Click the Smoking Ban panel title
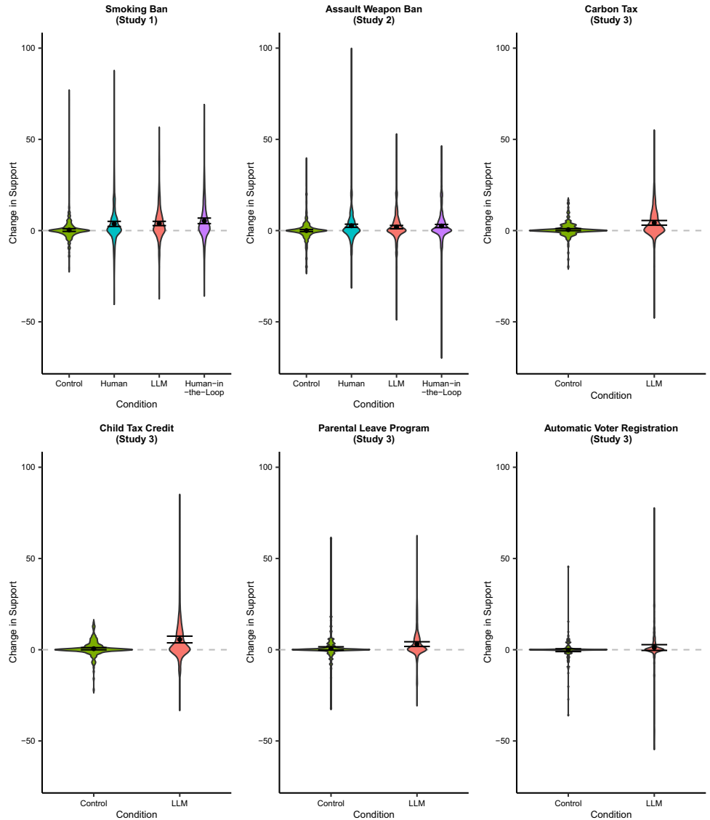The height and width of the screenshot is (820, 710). [137, 15]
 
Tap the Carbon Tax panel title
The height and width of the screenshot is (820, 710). [610, 15]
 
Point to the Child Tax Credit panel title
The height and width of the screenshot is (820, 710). [137, 434]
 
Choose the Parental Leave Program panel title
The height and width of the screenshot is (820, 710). [374, 434]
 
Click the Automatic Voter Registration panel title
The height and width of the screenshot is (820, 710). [610, 434]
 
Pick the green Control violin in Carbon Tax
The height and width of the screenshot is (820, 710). [568, 230]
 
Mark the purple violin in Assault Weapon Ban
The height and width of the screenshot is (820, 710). [441, 230]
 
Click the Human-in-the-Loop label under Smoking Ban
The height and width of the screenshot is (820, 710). [204, 387]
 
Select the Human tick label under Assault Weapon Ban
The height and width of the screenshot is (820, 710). [351, 383]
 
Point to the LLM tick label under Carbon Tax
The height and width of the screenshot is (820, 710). [653, 383]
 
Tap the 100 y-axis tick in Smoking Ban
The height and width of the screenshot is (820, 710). [30, 48]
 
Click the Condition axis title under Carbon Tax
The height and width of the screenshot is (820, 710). [610, 396]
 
